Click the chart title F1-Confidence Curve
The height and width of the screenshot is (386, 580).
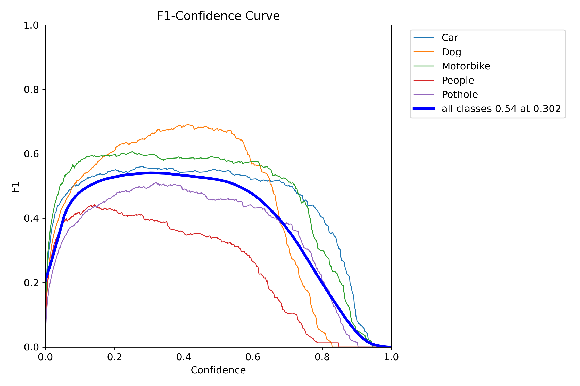pyautogui.click(x=218, y=16)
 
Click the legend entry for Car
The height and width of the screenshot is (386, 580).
pyautogui.click(x=450, y=38)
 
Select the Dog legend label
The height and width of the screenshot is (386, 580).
pyautogui.click(x=451, y=52)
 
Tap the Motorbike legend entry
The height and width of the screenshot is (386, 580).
pyautogui.click(x=466, y=66)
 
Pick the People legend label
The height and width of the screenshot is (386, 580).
pyautogui.click(x=458, y=81)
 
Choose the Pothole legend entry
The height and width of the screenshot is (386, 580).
pyautogui.click(x=460, y=95)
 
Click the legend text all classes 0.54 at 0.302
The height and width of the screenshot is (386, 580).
pyautogui.click(x=501, y=109)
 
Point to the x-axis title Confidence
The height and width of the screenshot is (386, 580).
pyautogui.click(x=218, y=370)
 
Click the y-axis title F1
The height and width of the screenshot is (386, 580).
pyautogui.click(x=15, y=187)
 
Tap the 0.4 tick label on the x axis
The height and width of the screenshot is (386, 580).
pyautogui.click(x=184, y=357)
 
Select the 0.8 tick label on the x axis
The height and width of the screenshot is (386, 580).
pyautogui.click(x=322, y=357)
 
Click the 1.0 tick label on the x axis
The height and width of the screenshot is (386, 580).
pyautogui.click(x=391, y=357)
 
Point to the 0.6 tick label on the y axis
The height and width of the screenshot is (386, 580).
pyautogui.click(x=31, y=154)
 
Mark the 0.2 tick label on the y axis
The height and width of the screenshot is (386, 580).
pyautogui.click(x=31, y=283)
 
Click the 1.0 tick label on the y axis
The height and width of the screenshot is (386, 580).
pyautogui.click(x=31, y=25)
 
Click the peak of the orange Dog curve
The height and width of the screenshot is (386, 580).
pyautogui.click(x=188, y=125)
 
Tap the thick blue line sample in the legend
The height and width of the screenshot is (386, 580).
pyautogui.click(x=424, y=109)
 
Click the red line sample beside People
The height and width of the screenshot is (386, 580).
pyautogui.click(x=424, y=80)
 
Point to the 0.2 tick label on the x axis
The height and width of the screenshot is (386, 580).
pyautogui.click(x=115, y=357)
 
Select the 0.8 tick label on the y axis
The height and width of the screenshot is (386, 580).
pyautogui.click(x=31, y=90)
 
